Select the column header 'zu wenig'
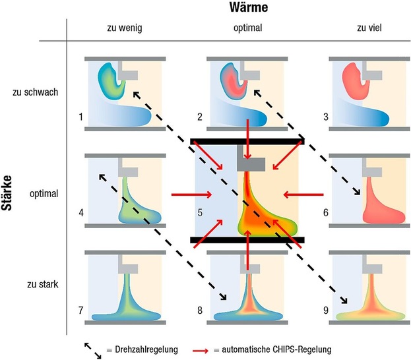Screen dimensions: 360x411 click(124, 28)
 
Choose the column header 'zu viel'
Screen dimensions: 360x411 click(366, 28)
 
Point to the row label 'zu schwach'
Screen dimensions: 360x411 click(36, 92)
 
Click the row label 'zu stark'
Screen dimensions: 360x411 click(40, 285)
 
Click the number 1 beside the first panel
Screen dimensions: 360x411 click(80, 117)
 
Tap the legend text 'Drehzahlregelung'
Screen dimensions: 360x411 click(147, 347)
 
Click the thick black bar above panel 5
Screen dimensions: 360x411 click(247, 141)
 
